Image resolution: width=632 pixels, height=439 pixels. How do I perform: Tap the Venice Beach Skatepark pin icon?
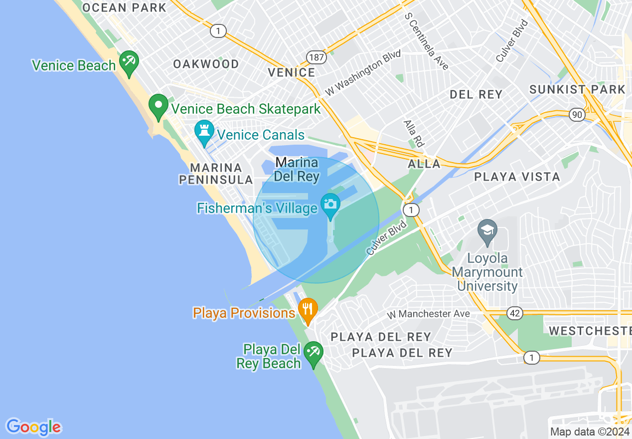coord(158,106)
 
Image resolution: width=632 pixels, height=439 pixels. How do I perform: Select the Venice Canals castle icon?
coord(204,132)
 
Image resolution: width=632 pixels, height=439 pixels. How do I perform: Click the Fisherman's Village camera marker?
coord(330,205)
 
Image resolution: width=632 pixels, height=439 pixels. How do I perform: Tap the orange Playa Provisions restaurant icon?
coord(308,309)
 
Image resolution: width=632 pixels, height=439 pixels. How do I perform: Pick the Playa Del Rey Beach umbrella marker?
coord(314,352)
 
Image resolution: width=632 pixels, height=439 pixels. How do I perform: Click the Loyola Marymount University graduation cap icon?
coord(487,231)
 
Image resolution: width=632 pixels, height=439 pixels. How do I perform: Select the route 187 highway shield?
coord(316,57)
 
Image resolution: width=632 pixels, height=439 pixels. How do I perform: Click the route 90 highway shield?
coord(577,115)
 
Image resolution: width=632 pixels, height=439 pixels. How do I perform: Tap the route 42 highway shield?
coord(515,313)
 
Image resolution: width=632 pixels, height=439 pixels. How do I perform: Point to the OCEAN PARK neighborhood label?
coord(124,7)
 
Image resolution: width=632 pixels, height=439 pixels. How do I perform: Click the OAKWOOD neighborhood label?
coord(206,64)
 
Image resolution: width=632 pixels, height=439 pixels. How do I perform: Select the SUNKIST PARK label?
coord(577,89)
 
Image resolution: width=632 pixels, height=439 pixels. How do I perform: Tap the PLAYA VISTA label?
coord(517,177)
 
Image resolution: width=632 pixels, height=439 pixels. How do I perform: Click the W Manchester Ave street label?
coord(429,314)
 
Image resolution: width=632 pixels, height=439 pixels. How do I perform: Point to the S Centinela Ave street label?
coord(427,41)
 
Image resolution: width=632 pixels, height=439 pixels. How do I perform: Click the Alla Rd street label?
coord(413,133)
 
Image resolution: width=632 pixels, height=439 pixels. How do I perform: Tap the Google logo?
coord(33,427)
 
